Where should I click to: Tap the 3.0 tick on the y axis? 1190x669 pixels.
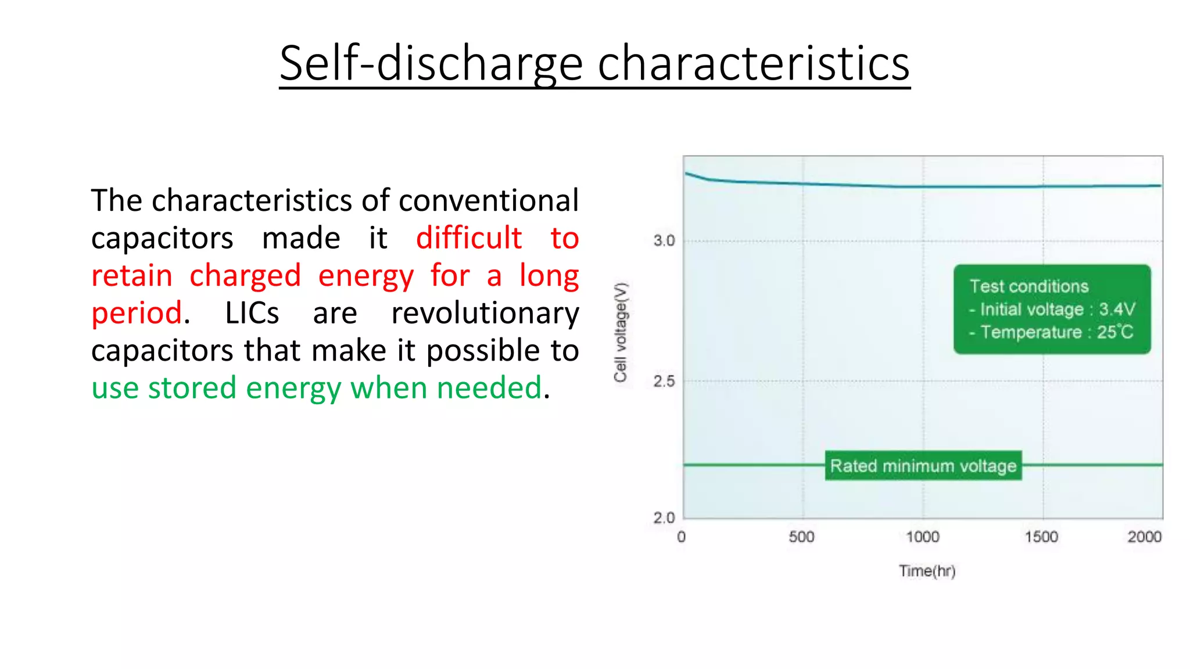(664, 240)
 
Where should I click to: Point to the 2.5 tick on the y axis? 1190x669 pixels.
(664, 382)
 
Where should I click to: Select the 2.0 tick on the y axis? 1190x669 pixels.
(664, 517)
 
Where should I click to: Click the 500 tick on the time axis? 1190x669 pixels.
(801, 537)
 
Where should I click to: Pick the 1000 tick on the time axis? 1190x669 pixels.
(922, 537)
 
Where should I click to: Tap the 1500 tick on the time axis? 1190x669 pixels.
(1041, 537)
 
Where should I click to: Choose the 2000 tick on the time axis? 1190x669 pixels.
(1144, 537)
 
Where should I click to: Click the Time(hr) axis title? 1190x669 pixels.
(927, 571)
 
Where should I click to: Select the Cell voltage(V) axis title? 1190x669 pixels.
(621, 332)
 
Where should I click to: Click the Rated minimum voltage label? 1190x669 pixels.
(923, 466)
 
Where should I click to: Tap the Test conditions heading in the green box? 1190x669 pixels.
(1028, 286)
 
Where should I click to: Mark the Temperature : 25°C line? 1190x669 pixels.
(1052, 332)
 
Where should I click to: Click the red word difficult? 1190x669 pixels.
(468, 238)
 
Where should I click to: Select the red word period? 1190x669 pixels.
(137, 313)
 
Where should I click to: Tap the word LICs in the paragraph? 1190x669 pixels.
(252, 313)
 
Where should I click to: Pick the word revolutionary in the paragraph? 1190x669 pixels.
(485, 313)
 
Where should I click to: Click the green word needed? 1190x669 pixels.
(489, 388)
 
